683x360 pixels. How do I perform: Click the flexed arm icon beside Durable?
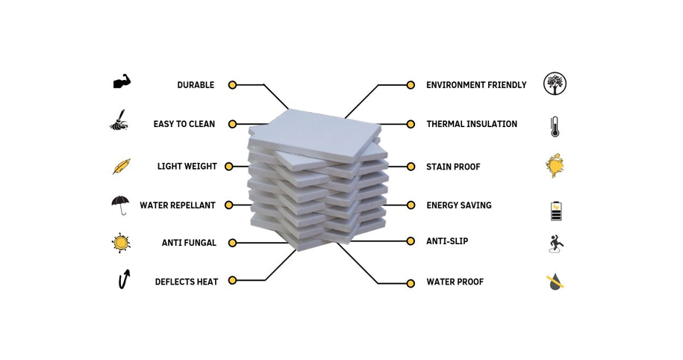pyautogui.click(x=122, y=82)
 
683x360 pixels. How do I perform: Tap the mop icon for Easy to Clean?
pyautogui.click(x=119, y=120)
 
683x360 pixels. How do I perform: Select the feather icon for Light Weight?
pyautogui.click(x=122, y=167)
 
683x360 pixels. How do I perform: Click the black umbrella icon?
pyautogui.click(x=120, y=205)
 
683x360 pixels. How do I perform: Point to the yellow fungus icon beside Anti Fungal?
pyautogui.click(x=121, y=243)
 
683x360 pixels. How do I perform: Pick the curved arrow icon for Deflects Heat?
pyautogui.click(x=124, y=279)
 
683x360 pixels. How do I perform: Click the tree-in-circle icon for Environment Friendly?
pyautogui.click(x=555, y=84)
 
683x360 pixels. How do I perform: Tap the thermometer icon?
pyautogui.click(x=555, y=127)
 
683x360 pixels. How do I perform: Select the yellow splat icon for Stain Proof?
pyautogui.click(x=555, y=166)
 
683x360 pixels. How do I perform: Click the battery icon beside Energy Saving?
pyautogui.click(x=556, y=211)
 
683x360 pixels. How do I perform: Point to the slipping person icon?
pyautogui.click(x=556, y=243)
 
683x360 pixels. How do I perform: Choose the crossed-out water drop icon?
pyautogui.click(x=555, y=282)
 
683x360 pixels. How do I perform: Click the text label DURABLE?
pyautogui.click(x=196, y=85)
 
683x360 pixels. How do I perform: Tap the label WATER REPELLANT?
pyautogui.click(x=178, y=205)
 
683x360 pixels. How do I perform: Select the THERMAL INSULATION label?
pyautogui.click(x=472, y=124)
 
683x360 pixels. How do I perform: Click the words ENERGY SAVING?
pyautogui.click(x=458, y=205)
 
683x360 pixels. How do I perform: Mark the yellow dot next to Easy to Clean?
pyautogui.click(x=233, y=124)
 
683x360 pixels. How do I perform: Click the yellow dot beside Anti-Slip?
pyautogui.click(x=411, y=241)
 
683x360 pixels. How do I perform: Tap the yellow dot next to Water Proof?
pyautogui.click(x=411, y=283)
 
